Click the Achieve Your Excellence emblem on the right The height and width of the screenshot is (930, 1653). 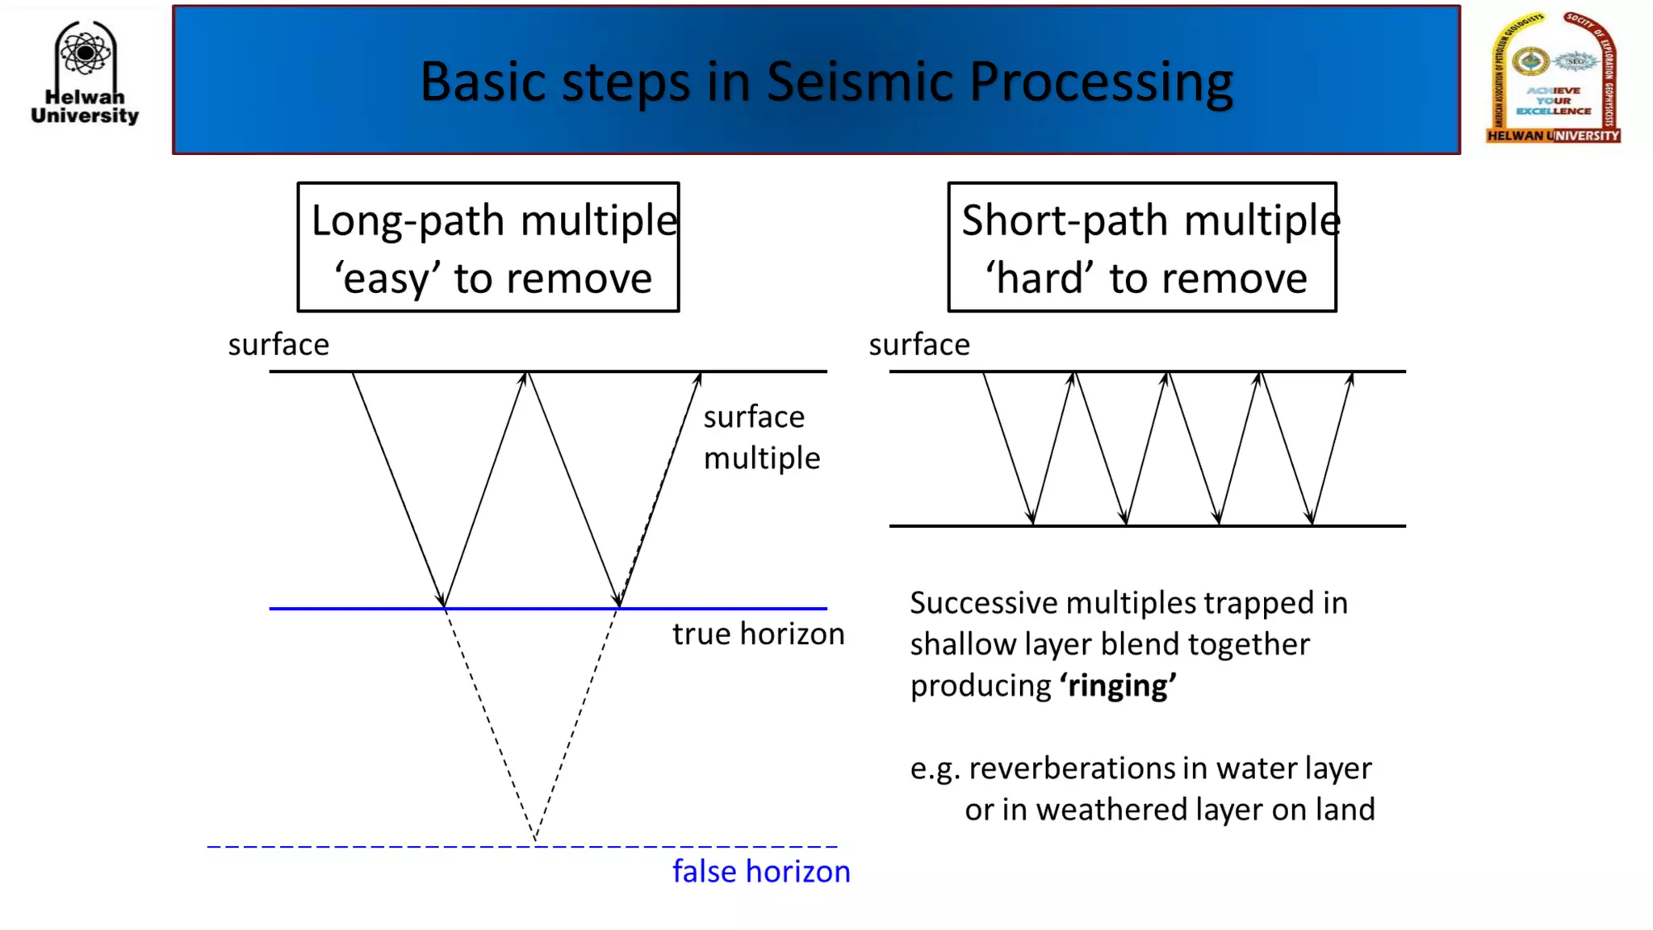click(x=1553, y=79)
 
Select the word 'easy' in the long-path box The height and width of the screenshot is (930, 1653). click(x=387, y=279)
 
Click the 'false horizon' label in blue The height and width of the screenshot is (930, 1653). click(x=761, y=872)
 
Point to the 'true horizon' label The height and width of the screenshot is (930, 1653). click(x=758, y=635)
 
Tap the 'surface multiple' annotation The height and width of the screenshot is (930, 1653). click(x=760, y=438)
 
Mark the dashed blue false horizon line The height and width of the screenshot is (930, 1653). click(x=323, y=846)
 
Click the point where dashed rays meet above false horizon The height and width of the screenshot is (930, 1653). click(x=535, y=840)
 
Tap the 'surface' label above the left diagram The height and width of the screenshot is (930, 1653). click(x=278, y=346)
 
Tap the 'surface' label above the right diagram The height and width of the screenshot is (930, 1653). click(x=919, y=346)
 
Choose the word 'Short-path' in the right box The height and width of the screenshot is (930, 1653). click(x=1065, y=221)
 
